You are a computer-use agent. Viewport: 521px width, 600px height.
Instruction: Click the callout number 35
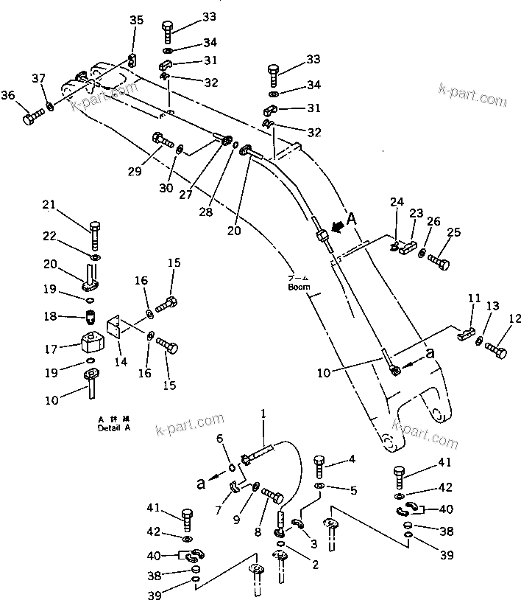[x=137, y=20]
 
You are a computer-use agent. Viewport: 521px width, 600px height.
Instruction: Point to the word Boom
[x=300, y=287]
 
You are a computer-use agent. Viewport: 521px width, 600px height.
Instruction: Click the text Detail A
[x=113, y=427]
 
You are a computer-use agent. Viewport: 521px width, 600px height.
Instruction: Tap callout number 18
[x=49, y=316]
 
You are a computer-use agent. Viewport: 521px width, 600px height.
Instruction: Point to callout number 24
[x=397, y=201]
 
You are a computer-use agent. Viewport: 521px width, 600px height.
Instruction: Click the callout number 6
[x=219, y=439]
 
